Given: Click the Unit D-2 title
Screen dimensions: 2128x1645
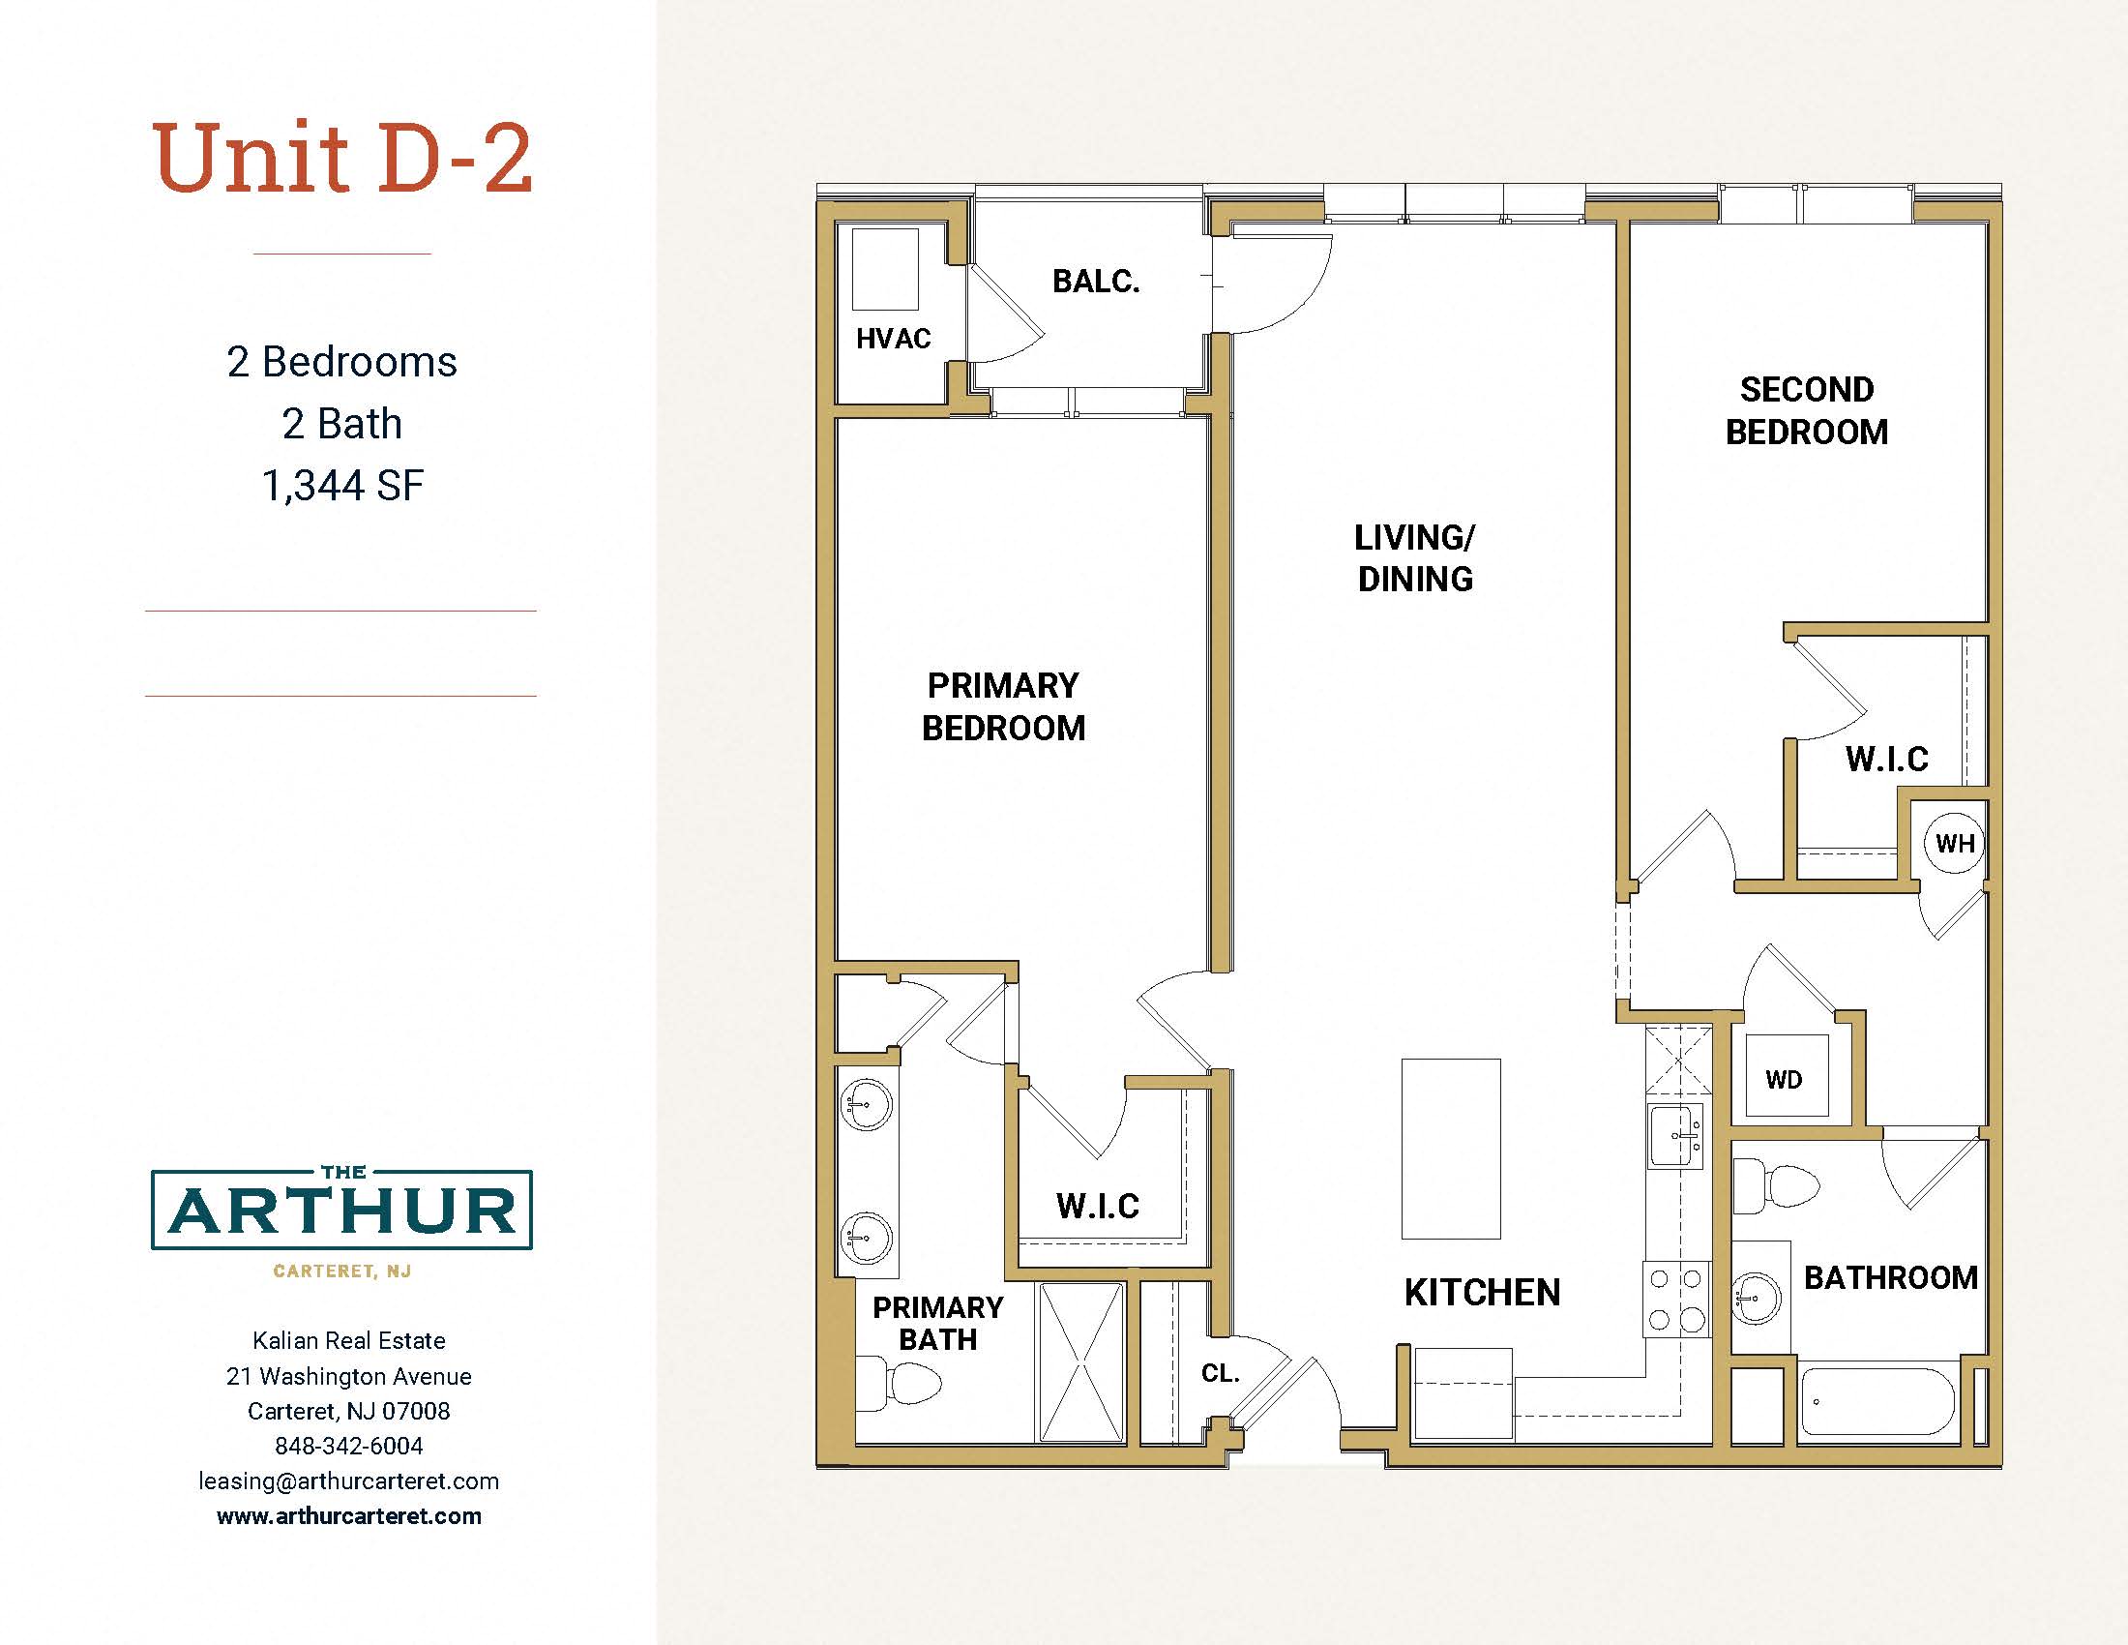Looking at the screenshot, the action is click(x=343, y=158).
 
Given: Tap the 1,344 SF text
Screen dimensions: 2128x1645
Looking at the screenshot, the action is click(x=343, y=486).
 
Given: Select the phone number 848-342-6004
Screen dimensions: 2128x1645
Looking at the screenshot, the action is click(x=349, y=1446).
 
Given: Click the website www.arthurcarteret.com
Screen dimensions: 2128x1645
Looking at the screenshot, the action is click(x=349, y=1515).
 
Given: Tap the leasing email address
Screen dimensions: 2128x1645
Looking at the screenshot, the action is click(x=349, y=1480).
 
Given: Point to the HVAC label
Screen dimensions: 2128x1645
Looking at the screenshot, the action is click(x=894, y=338).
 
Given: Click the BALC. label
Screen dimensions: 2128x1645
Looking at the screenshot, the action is click(x=1096, y=281).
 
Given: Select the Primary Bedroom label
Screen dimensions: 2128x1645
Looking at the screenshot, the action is click(x=1004, y=706).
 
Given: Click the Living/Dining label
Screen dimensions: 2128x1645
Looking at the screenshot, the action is click(x=1415, y=558).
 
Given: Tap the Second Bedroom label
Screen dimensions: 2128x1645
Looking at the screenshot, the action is click(x=1808, y=410).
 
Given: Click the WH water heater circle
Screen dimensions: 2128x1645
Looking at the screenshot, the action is click(x=1955, y=843).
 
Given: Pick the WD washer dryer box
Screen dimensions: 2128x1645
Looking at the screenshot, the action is click(x=1786, y=1076).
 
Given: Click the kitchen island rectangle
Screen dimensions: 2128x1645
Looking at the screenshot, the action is click(x=1451, y=1149).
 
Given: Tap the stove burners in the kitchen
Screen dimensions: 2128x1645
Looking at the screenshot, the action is click(x=1676, y=1300).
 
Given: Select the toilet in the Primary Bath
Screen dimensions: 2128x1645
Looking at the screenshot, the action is click(x=899, y=1384).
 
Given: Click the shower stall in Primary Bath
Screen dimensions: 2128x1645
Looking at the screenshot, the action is click(x=1082, y=1361).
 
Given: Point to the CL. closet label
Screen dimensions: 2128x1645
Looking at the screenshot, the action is click(x=1220, y=1373).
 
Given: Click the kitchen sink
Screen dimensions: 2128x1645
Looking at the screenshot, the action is click(x=1676, y=1135).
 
